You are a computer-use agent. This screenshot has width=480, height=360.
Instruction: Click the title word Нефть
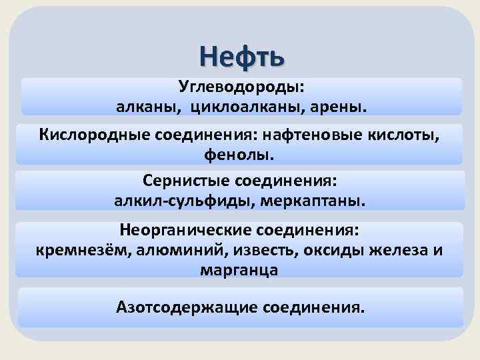pos(241,55)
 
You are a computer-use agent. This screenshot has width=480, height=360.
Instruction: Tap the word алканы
pos(149,107)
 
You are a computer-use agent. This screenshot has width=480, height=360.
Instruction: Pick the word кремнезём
pos(74,250)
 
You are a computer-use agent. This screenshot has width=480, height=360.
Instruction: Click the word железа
pos(393,250)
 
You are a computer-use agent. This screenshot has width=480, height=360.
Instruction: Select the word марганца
pos(239,269)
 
